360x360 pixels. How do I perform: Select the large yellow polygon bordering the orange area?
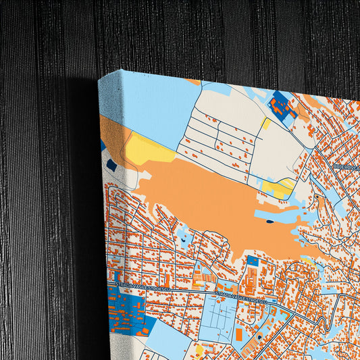(148, 150)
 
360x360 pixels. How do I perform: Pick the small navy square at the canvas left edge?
(111, 164)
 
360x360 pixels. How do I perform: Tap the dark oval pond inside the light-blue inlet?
(270, 220)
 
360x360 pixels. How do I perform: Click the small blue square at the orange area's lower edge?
(253, 261)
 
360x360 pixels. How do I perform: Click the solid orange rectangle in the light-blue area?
(238, 334)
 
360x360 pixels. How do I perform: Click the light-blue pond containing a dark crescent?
(182, 238)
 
